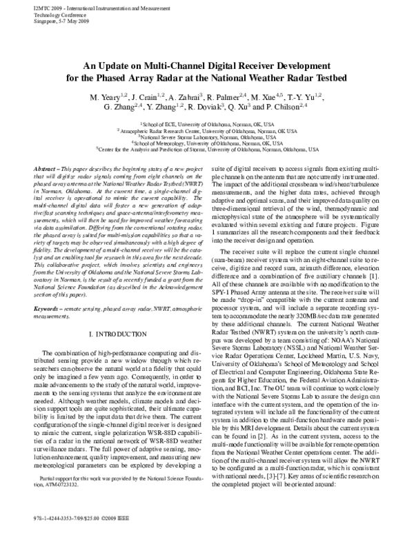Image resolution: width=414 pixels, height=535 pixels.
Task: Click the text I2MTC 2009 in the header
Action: pyautogui.click(x=28, y=5)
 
